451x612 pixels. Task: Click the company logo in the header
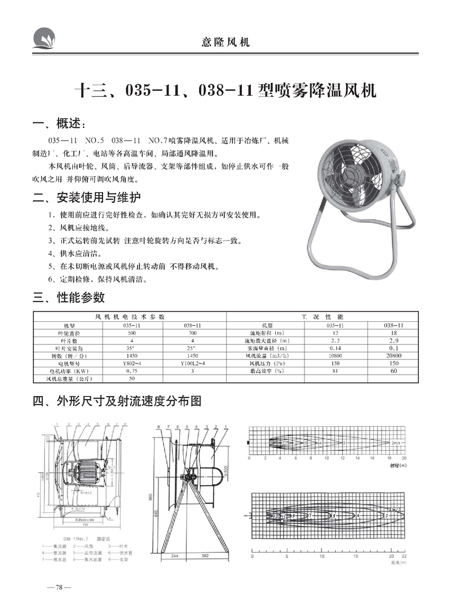pyautogui.click(x=45, y=37)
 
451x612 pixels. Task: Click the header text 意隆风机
pyautogui.click(x=225, y=42)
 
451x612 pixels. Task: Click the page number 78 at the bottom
pyautogui.click(x=58, y=587)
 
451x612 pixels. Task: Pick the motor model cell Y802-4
pyautogui.click(x=131, y=364)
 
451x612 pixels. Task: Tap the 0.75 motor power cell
pyautogui.click(x=131, y=372)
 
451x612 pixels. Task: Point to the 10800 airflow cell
pyautogui.click(x=335, y=356)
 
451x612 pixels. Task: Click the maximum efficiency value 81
pyautogui.click(x=335, y=372)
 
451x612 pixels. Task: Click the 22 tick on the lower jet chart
pyautogui.click(x=404, y=555)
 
